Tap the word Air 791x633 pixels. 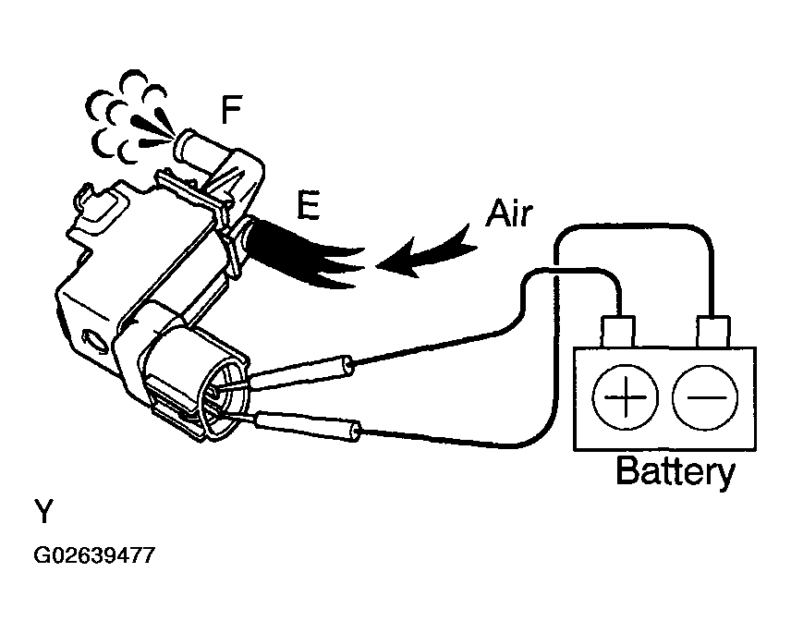(508, 213)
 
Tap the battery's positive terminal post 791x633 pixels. (618, 330)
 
